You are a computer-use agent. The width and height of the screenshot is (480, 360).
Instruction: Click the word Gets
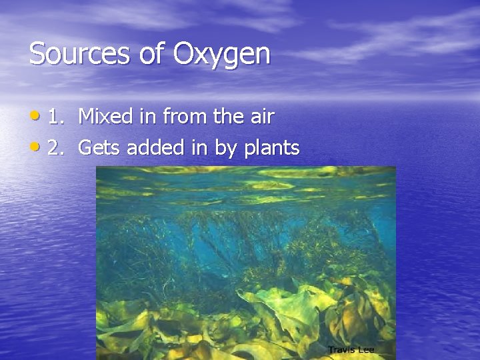point(100,148)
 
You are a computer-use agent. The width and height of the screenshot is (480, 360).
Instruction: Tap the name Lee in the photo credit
point(365,349)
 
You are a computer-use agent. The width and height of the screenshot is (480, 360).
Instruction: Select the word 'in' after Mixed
point(147,117)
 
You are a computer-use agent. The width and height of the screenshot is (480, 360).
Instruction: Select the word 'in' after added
point(199,148)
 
